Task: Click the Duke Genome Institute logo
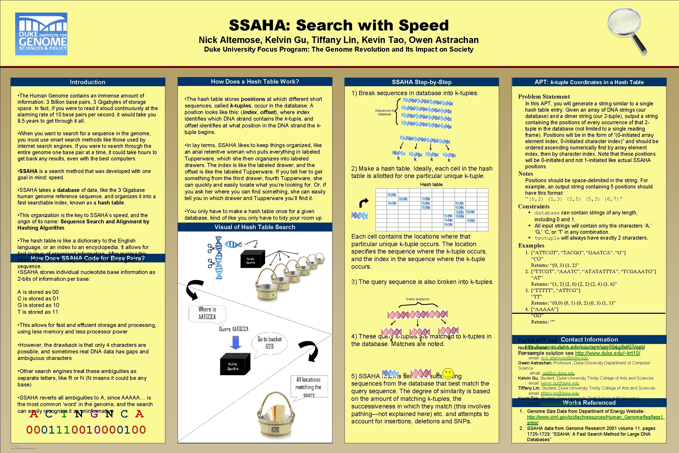41,34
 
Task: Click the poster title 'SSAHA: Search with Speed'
339,25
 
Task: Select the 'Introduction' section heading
87,82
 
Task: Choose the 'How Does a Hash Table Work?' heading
255,82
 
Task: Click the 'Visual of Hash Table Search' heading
255,227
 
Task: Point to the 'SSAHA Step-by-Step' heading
421,82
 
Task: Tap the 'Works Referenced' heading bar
589,403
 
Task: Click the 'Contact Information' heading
589,339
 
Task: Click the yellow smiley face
448,374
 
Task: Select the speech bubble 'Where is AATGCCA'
207,313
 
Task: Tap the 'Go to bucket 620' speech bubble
269,343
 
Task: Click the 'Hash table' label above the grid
431,184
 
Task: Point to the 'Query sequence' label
418,299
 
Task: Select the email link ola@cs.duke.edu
558,373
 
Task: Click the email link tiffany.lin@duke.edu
560,393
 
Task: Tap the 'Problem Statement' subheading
544,96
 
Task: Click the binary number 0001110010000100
86,430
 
